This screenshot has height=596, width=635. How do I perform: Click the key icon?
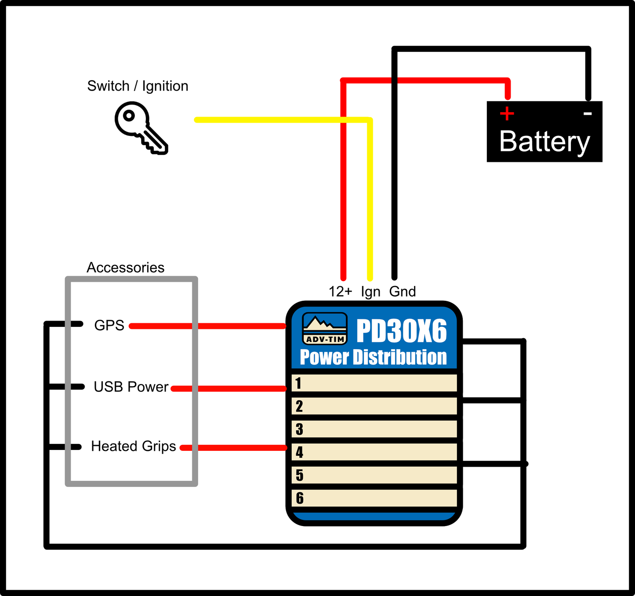point(140,127)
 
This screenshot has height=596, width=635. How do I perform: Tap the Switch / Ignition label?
point(138,86)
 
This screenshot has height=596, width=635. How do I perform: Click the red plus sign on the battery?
point(507,113)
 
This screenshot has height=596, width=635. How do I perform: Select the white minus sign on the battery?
point(588,114)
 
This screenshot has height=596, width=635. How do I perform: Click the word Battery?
point(544,142)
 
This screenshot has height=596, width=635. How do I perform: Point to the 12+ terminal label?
point(341,292)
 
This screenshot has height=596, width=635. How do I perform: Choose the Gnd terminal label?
point(403,292)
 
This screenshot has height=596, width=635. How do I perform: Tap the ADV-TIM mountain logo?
point(325,329)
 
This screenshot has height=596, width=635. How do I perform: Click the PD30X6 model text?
point(401,331)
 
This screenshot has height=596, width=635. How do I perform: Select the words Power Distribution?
point(373,357)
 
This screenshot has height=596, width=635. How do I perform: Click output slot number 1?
point(374,383)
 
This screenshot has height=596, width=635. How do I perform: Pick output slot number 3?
point(374,429)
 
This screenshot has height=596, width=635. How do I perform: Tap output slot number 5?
point(374,475)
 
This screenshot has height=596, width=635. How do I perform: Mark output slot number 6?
point(374,498)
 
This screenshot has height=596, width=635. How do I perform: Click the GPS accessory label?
point(109,325)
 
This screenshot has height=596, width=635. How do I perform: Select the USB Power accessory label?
point(131,387)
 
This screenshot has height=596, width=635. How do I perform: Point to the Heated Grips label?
point(133,446)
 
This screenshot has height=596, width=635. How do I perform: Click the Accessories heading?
point(125,267)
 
